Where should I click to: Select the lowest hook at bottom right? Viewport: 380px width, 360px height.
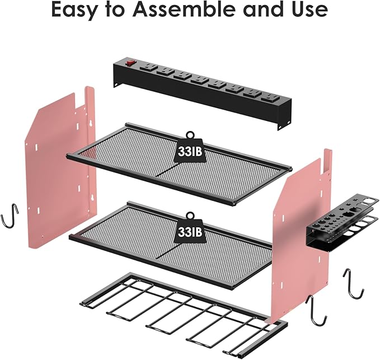click(x=317, y=310)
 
